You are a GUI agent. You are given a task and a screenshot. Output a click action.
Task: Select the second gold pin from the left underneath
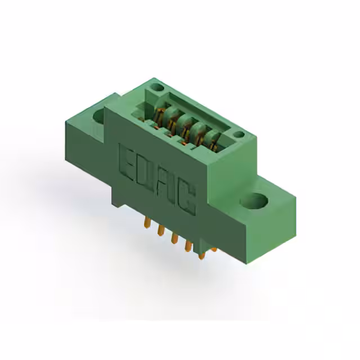point(160,229)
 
